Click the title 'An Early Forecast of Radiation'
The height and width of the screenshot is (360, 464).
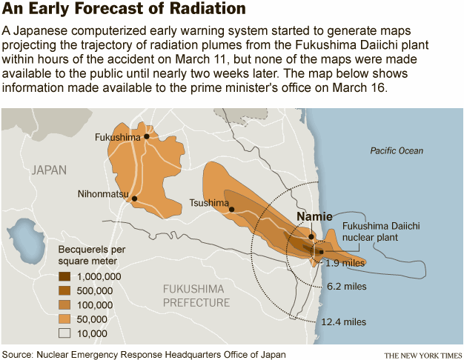point(124,10)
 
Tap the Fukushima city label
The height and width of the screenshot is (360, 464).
point(118,137)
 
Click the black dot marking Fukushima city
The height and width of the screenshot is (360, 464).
point(147,136)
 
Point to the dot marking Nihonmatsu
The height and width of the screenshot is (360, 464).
point(135,198)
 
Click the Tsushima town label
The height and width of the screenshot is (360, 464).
point(208,202)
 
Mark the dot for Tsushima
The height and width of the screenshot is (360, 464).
point(232,209)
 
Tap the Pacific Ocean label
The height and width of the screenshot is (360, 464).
point(397,150)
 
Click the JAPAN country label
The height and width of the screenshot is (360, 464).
point(49,170)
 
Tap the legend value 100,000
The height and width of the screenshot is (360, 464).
point(95,304)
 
